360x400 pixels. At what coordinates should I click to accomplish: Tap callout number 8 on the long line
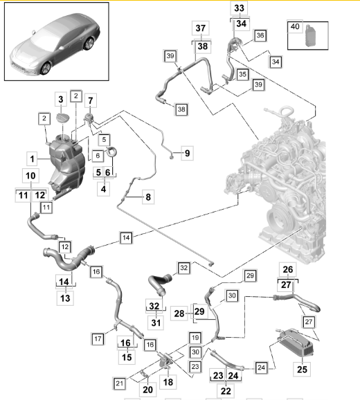coord(147,198)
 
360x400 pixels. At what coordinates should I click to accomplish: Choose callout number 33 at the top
coord(238,8)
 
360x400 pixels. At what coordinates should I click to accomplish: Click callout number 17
coord(99,338)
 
